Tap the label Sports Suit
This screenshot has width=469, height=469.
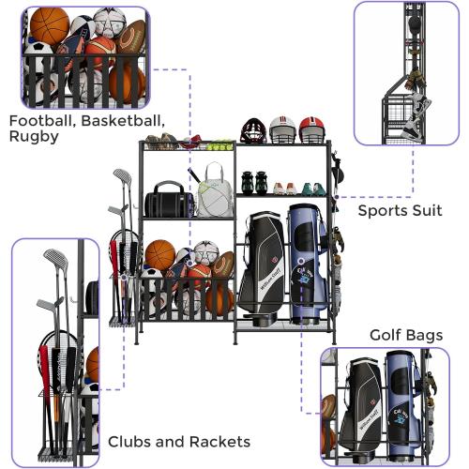point(400,210)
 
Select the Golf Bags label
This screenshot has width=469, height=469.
point(405,335)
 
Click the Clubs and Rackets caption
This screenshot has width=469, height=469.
point(178,441)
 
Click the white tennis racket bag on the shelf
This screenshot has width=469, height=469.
point(214,192)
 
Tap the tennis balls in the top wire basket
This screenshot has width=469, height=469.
point(219,145)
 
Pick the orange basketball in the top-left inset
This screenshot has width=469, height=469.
point(49,25)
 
